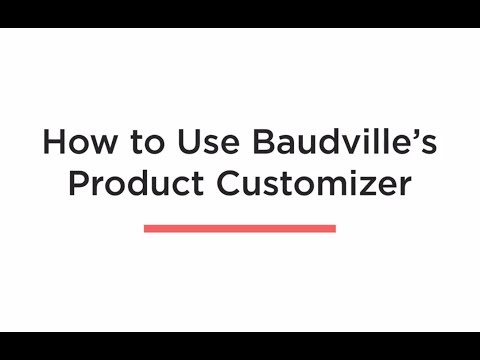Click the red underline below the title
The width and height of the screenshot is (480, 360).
point(240,228)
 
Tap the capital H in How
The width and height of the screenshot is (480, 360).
point(52,142)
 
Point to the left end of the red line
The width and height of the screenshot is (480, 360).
point(146,228)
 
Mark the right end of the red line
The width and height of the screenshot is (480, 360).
point(334,228)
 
